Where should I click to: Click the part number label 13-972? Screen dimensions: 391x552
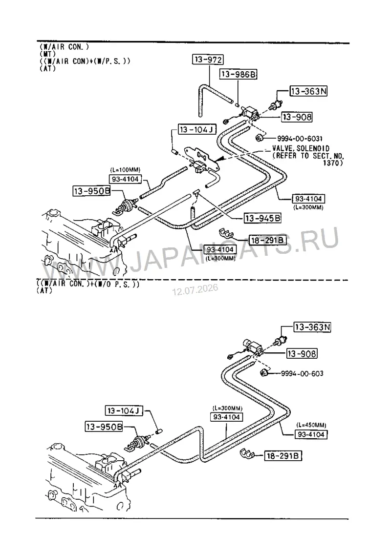(208, 60)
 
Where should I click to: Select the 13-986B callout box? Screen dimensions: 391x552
(239, 74)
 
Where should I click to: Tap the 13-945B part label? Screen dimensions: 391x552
(263, 218)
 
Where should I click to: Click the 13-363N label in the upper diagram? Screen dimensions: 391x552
(308, 91)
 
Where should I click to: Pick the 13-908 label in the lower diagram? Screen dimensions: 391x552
(302, 353)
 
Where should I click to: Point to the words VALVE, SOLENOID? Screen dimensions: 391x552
(301, 148)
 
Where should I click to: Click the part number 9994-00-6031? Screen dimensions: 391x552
(300, 139)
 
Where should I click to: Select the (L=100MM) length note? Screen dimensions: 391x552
(125, 170)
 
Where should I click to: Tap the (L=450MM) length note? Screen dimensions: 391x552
(311, 425)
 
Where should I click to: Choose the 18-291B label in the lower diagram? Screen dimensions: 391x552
(283, 456)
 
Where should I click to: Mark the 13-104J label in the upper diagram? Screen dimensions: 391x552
(197, 129)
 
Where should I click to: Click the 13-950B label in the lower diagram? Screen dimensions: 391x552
(105, 427)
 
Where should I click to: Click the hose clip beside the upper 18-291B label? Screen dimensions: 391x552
(227, 233)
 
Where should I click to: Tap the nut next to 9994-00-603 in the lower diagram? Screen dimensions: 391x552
(264, 373)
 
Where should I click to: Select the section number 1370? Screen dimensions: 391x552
(331, 163)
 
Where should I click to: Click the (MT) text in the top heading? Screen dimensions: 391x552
(47, 54)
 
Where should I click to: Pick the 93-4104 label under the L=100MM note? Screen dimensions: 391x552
(125, 179)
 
